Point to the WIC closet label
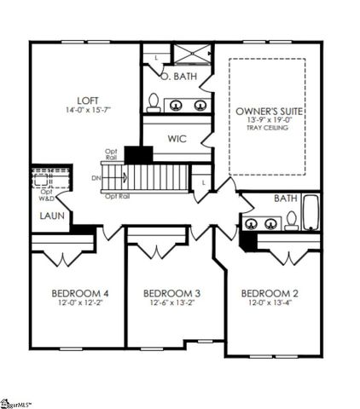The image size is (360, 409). (177, 136)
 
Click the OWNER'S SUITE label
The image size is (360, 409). (269, 111)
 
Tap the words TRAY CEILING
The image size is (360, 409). (269, 129)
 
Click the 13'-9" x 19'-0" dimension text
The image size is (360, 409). (269, 121)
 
